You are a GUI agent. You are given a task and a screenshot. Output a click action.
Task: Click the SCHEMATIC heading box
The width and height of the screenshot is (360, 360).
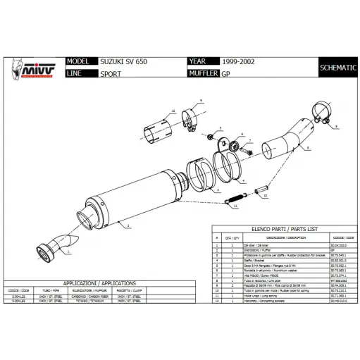pos(337,68)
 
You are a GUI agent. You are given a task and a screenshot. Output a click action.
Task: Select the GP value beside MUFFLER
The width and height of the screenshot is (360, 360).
pos(226,73)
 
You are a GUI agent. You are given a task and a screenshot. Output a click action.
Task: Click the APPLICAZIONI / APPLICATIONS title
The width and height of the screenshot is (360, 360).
pos(94,281)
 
